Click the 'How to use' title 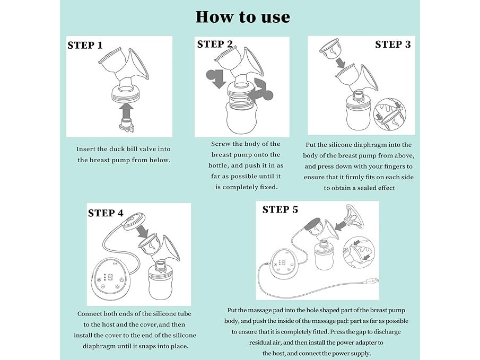coord(243,17)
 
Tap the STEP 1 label coord(85,45)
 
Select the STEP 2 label coord(215,44)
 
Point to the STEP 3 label coord(393,45)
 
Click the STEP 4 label coord(106,213)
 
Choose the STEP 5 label coord(280,210)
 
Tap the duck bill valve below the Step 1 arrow coord(126,126)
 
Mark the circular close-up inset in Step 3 coord(390,115)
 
